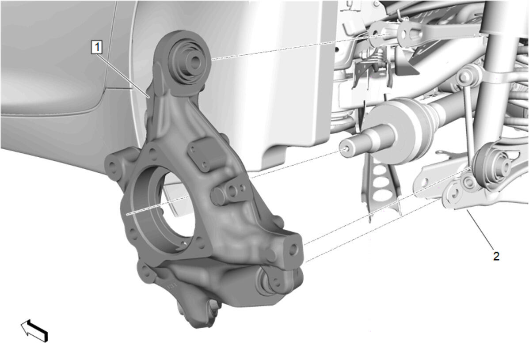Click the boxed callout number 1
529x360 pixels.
(97, 47)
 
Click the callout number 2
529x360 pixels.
(496, 256)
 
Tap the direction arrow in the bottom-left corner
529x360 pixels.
(34, 330)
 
